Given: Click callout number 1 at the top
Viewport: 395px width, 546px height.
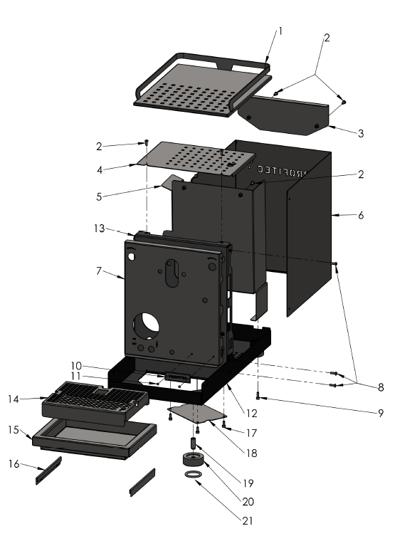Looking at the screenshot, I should [x=280, y=31].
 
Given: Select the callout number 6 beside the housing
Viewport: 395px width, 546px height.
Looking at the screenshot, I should [x=360, y=215].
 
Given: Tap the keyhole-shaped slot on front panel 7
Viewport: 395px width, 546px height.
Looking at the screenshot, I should [x=172, y=273].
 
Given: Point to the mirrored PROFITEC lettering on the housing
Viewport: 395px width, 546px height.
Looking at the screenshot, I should [x=278, y=172].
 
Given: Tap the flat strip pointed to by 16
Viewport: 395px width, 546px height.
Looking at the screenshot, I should [x=49, y=471].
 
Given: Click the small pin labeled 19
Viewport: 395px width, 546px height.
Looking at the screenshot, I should [x=193, y=443].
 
